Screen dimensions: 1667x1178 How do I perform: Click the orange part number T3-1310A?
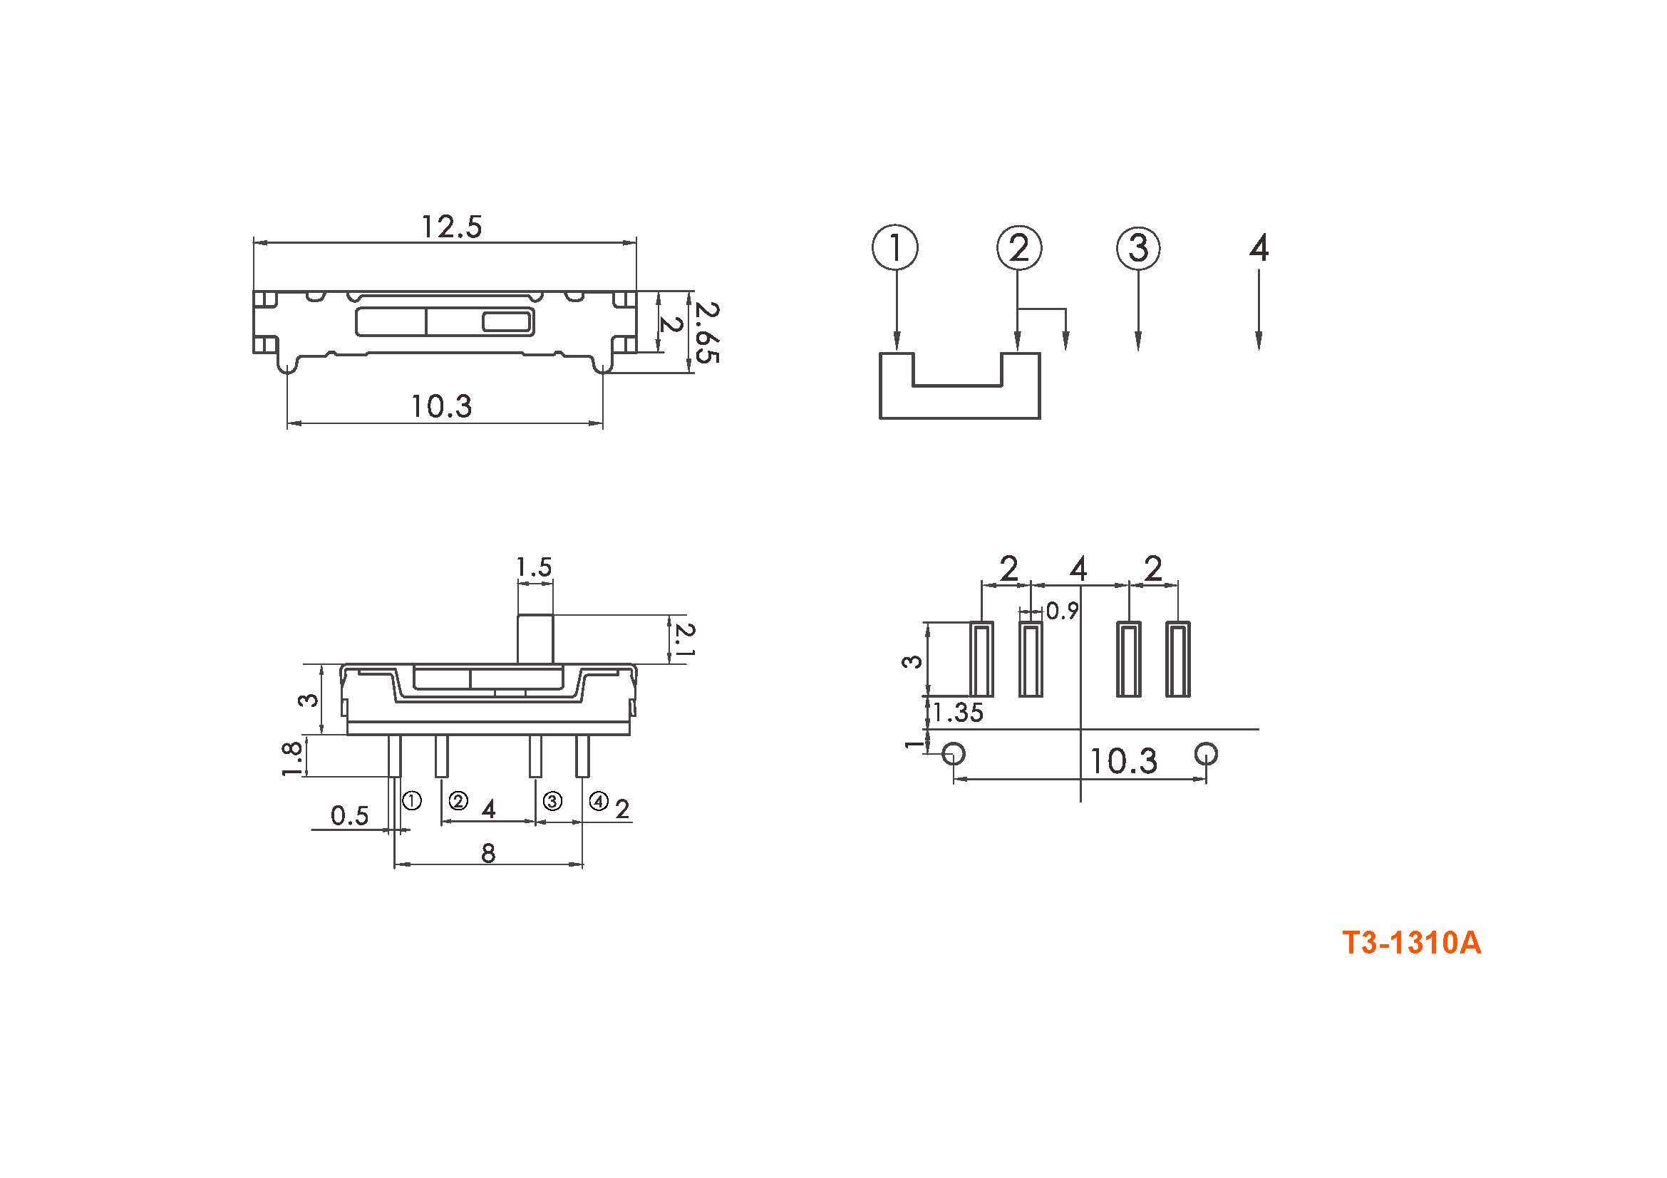1411,944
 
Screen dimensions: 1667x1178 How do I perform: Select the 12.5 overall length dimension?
452,227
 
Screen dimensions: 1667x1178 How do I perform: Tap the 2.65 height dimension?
706,332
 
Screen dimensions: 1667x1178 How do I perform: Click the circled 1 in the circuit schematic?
895,247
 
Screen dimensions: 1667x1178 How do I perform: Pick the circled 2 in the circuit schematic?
1019,247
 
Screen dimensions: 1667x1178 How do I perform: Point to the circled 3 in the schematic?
1137,247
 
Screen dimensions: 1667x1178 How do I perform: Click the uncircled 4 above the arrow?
1258,247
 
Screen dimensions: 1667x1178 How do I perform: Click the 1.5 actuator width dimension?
534,567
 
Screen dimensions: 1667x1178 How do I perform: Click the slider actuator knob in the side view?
535,639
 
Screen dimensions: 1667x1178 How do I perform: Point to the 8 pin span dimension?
488,853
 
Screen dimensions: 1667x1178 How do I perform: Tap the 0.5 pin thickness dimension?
350,816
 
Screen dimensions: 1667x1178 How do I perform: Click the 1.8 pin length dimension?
292,758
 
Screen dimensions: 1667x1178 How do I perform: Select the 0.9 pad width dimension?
1062,611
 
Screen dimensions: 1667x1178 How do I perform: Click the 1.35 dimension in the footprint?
959,713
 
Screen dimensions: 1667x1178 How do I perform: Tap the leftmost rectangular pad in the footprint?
981,659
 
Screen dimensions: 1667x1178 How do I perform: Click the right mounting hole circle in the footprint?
1206,753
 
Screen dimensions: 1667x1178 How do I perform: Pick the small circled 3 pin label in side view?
552,801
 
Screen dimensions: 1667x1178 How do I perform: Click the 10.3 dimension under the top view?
441,406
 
